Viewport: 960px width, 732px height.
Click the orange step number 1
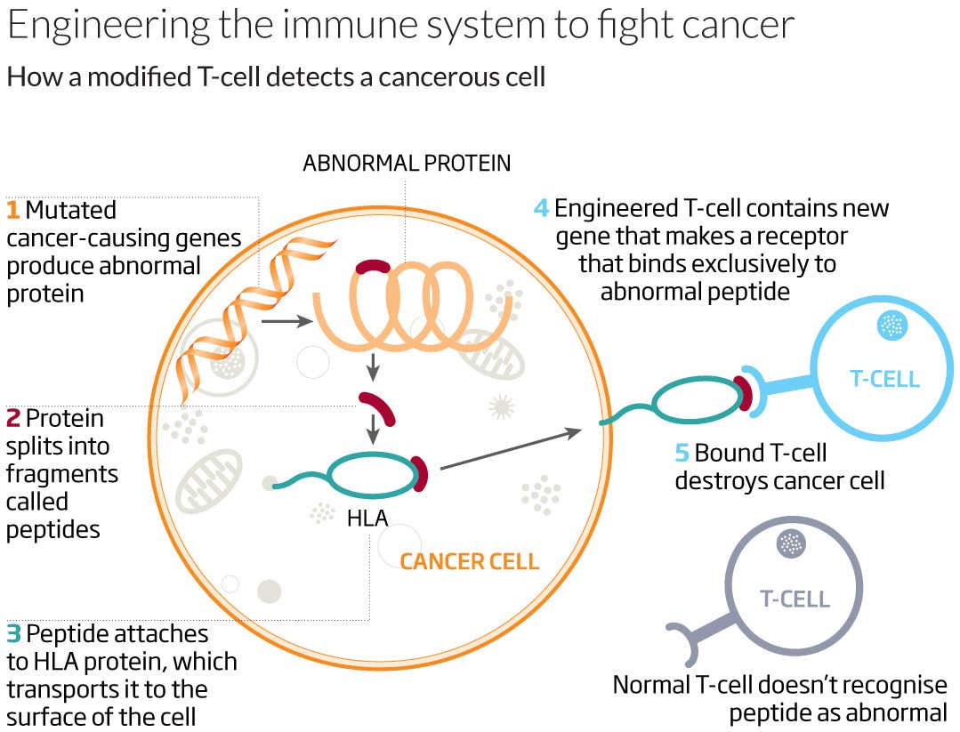pyautogui.click(x=12, y=211)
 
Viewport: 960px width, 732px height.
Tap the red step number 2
pyautogui.click(x=12, y=418)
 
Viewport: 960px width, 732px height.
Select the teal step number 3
pyautogui.click(x=13, y=634)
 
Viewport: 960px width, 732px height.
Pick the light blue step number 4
pyautogui.click(x=541, y=209)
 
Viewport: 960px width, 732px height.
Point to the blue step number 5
pyautogui.click(x=682, y=453)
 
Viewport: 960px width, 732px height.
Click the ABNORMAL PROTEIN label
pyautogui.click(x=407, y=164)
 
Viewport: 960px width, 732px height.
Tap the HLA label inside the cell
pyautogui.click(x=367, y=517)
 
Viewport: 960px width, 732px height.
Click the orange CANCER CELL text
pyautogui.click(x=469, y=562)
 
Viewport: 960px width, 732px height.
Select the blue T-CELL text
pyautogui.click(x=883, y=380)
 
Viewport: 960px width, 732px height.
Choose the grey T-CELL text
pyautogui.click(x=795, y=599)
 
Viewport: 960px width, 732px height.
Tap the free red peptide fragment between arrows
pyautogui.click(x=378, y=407)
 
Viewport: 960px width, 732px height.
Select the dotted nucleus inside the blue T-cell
pyautogui.click(x=891, y=326)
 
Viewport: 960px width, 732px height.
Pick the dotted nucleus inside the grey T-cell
pyautogui.click(x=788, y=542)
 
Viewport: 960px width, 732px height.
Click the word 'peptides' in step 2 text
pyautogui.click(x=52, y=529)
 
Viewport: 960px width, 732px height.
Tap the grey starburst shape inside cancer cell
pyautogui.click(x=502, y=406)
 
